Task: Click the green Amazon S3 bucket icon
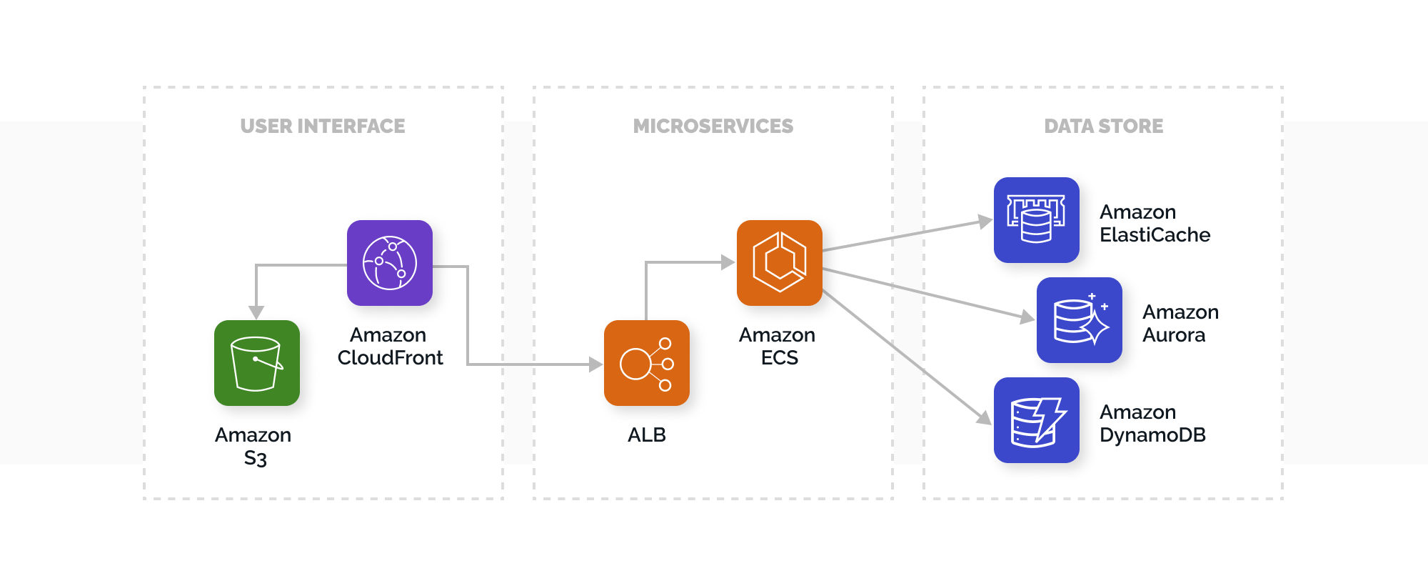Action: [x=257, y=363]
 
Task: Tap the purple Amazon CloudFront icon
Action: [x=390, y=263]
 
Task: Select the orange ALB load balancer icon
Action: [x=647, y=363]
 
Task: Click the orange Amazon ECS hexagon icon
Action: [x=780, y=263]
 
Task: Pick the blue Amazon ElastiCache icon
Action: [x=1037, y=220]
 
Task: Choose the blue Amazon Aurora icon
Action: [x=1080, y=320]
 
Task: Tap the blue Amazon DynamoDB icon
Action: [x=1037, y=420]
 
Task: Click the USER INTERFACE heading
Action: [x=323, y=126]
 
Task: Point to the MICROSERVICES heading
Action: [x=713, y=126]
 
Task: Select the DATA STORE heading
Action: [x=1103, y=126]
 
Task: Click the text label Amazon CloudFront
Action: [x=390, y=347]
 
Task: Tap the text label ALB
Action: [x=647, y=435]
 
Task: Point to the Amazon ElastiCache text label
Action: [x=1155, y=224]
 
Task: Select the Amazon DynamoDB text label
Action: [x=1152, y=424]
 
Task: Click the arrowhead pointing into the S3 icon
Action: [x=256, y=312]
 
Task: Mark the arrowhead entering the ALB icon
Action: [x=595, y=364]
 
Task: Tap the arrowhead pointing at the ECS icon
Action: [x=728, y=262]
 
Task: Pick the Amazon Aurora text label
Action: [x=1180, y=324]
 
